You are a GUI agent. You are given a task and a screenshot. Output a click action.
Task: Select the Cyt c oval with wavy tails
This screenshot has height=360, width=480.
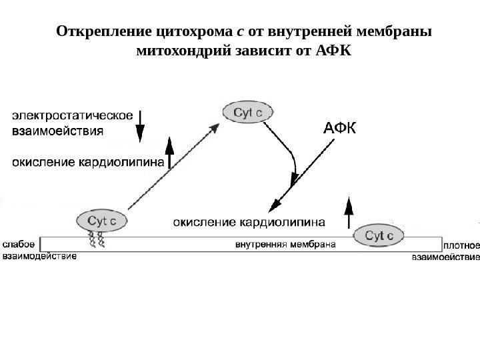(103, 219)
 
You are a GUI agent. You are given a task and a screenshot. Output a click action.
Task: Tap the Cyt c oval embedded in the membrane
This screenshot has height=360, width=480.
(378, 235)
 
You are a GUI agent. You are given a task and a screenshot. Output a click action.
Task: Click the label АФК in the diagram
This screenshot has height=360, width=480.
(339, 128)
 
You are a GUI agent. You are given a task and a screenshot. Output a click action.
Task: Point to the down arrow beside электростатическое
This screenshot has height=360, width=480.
(140, 126)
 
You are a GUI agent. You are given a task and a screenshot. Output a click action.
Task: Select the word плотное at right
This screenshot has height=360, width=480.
(461, 244)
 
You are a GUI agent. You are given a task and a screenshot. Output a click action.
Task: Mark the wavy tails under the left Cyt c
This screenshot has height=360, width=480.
(97, 237)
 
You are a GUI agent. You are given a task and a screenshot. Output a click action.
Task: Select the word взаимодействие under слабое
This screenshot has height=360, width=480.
(39, 255)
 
